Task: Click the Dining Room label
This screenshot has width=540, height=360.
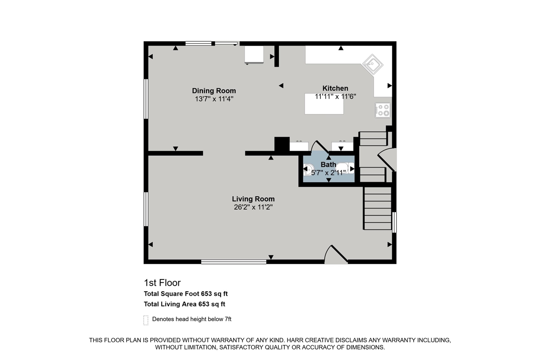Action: point(214,91)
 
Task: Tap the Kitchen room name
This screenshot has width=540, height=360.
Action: point(335,88)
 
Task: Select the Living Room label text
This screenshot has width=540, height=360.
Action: point(253,199)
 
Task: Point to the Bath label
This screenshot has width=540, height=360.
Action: point(328,165)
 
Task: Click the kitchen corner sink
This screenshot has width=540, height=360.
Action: point(373,65)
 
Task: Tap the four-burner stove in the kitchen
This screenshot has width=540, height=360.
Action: point(383,110)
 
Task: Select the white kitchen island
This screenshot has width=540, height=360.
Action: point(324,104)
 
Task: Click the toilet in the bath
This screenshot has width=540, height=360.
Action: point(309,169)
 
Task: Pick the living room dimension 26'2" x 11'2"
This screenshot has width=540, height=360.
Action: point(253,207)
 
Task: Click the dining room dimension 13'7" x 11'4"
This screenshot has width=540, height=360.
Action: point(214,99)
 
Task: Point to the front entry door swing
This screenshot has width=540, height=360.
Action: point(336,255)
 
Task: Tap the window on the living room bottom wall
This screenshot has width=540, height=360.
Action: point(234,262)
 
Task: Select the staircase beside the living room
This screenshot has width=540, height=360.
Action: point(378,208)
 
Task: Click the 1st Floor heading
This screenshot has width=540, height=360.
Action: point(162,283)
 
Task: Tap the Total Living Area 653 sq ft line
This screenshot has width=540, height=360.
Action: point(184,304)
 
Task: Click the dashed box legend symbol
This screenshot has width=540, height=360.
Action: point(146,320)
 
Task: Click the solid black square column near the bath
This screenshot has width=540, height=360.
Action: point(282,144)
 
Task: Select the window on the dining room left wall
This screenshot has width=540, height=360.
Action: point(146,99)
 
